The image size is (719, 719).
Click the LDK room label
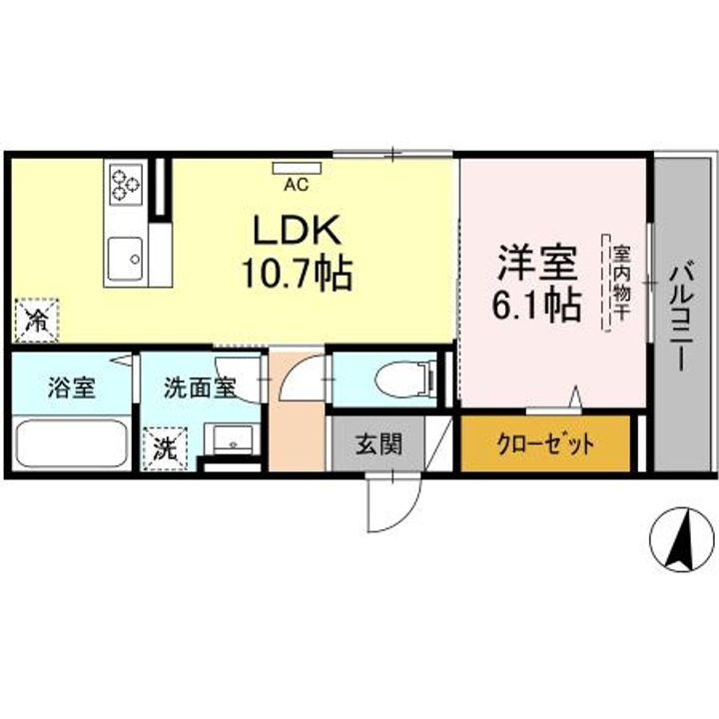[x=297, y=232]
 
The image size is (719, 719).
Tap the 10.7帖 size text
[x=297, y=273]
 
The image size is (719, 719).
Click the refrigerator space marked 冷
[x=36, y=321]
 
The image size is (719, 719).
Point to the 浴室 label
[x=71, y=387]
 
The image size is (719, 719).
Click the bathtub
[x=71, y=443]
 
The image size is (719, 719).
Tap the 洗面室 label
[x=200, y=387]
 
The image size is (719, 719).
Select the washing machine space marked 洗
[x=163, y=446]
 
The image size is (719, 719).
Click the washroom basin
[x=233, y=440]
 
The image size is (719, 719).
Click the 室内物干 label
[x=621, y=283]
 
